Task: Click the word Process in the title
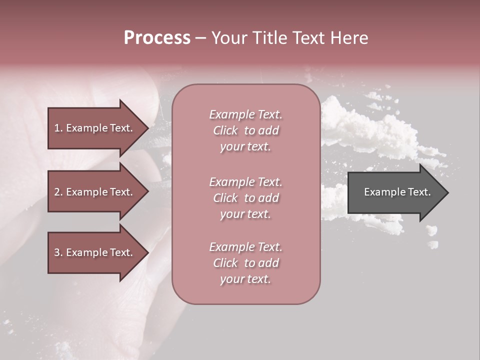[157, 38]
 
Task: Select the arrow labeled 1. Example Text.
[93, 128]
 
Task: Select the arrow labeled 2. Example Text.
[93, 192]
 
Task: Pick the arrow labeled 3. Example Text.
[93, 252]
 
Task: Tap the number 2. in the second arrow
[58, 192]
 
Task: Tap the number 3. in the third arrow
[58, 252]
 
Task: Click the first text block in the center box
[245, 130]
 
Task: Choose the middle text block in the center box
[245, 198]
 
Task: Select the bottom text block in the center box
[245, 263]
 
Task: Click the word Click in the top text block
[225, 130]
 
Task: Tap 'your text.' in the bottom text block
[245, 279]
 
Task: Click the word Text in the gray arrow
[418, 192]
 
